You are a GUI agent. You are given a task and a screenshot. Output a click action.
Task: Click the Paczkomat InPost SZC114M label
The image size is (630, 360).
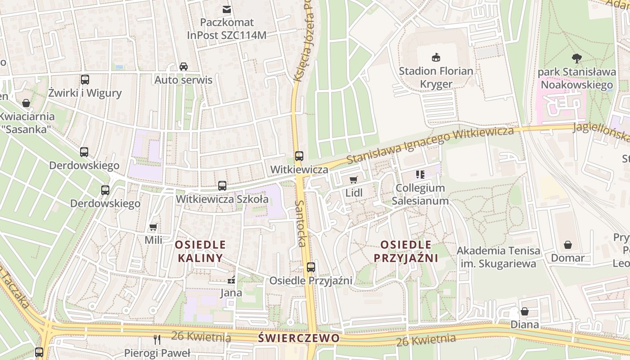click(x=227, y=28)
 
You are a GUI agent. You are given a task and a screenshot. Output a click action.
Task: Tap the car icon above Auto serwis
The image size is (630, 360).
click(x=184, y=67)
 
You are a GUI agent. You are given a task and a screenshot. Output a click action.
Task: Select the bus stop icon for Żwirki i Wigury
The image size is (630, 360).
click(x=85, y=80)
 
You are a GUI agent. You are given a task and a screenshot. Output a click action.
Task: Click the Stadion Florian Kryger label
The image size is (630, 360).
click(x=436, y=77)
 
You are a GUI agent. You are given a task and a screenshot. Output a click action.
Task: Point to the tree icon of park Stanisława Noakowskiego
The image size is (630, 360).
click(x=576, y=58)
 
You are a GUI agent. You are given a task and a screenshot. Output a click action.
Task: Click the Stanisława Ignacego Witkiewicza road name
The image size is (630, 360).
click(x=430, y=145)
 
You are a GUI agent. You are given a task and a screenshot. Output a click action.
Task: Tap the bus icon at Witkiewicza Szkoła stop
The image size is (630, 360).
click(x=222, y=185)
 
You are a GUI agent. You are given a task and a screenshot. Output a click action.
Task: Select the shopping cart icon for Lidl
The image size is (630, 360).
click(x=354, y=180)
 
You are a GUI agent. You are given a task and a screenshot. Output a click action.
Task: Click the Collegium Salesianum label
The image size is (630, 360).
click(x=420, y=194)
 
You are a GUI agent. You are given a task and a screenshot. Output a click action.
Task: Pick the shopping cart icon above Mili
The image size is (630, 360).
click(x=153, y=227)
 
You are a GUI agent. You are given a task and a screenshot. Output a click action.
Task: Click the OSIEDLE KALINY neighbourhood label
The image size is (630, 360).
click(x=200, y=251)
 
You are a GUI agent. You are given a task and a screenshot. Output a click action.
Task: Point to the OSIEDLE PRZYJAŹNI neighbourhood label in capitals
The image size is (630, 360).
click(x=406, y=251)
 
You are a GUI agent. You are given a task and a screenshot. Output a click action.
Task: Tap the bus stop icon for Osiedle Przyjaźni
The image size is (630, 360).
click(x=310, y=267)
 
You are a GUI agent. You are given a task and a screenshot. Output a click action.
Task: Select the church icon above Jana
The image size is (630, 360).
click(x=231, y=280)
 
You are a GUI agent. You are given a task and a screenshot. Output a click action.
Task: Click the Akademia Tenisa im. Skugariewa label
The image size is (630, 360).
click(x=499, y=257)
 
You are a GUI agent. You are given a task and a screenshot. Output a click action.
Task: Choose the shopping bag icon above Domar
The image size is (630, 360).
click(x=568, y=245)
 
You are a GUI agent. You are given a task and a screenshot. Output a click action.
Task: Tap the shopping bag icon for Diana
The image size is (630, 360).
click(x=525, y=311)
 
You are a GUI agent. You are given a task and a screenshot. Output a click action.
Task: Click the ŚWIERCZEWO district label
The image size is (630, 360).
click(x=299, y=337)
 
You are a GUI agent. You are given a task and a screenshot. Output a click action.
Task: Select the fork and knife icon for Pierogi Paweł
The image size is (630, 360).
click(x=157, y=340)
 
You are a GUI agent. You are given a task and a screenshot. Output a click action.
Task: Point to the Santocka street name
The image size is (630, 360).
click(x=300, y=223)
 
